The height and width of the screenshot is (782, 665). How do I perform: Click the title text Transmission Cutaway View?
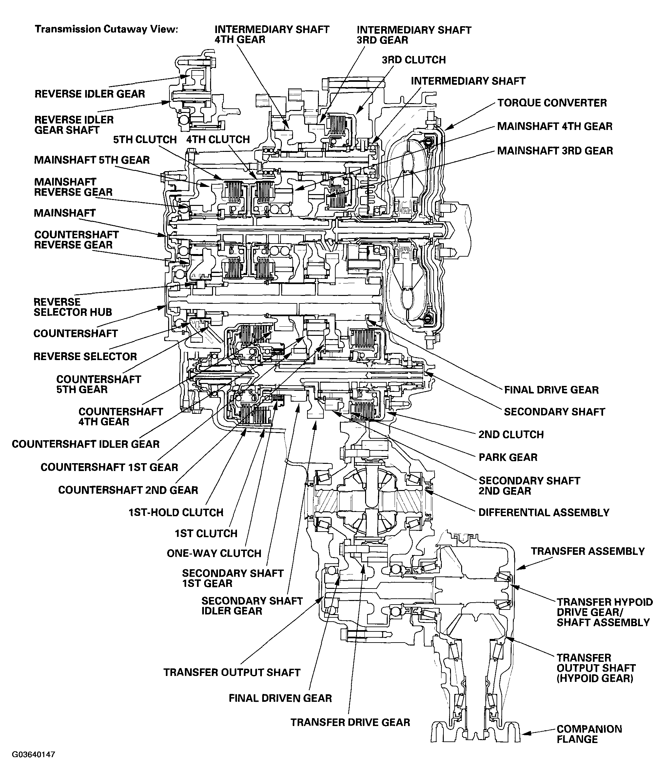tap(106, 29)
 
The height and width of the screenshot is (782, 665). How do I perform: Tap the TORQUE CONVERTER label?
tap(552, 103)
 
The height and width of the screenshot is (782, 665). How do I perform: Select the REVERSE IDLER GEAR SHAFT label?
tap(74, 125)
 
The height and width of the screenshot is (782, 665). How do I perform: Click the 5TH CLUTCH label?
tap(145, 140)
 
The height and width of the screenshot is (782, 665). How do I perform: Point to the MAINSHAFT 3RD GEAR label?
tap(555, 151)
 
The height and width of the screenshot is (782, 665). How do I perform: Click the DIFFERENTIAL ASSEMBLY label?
tap(544, 512)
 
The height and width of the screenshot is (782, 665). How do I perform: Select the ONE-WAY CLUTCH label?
tap(214, 553)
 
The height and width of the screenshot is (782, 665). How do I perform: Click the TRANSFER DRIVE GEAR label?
tap(350, 722)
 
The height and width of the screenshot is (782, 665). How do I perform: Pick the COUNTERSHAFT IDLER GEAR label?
tap(86, 444)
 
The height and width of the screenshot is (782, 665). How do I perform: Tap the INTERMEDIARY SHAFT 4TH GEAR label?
tap(271, 35)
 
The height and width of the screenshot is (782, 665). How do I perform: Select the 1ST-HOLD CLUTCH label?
tap(176, 512)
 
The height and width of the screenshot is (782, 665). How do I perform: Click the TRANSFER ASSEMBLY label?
tap(587, 551)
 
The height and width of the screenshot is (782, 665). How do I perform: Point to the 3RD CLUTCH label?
tap(414, 60)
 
